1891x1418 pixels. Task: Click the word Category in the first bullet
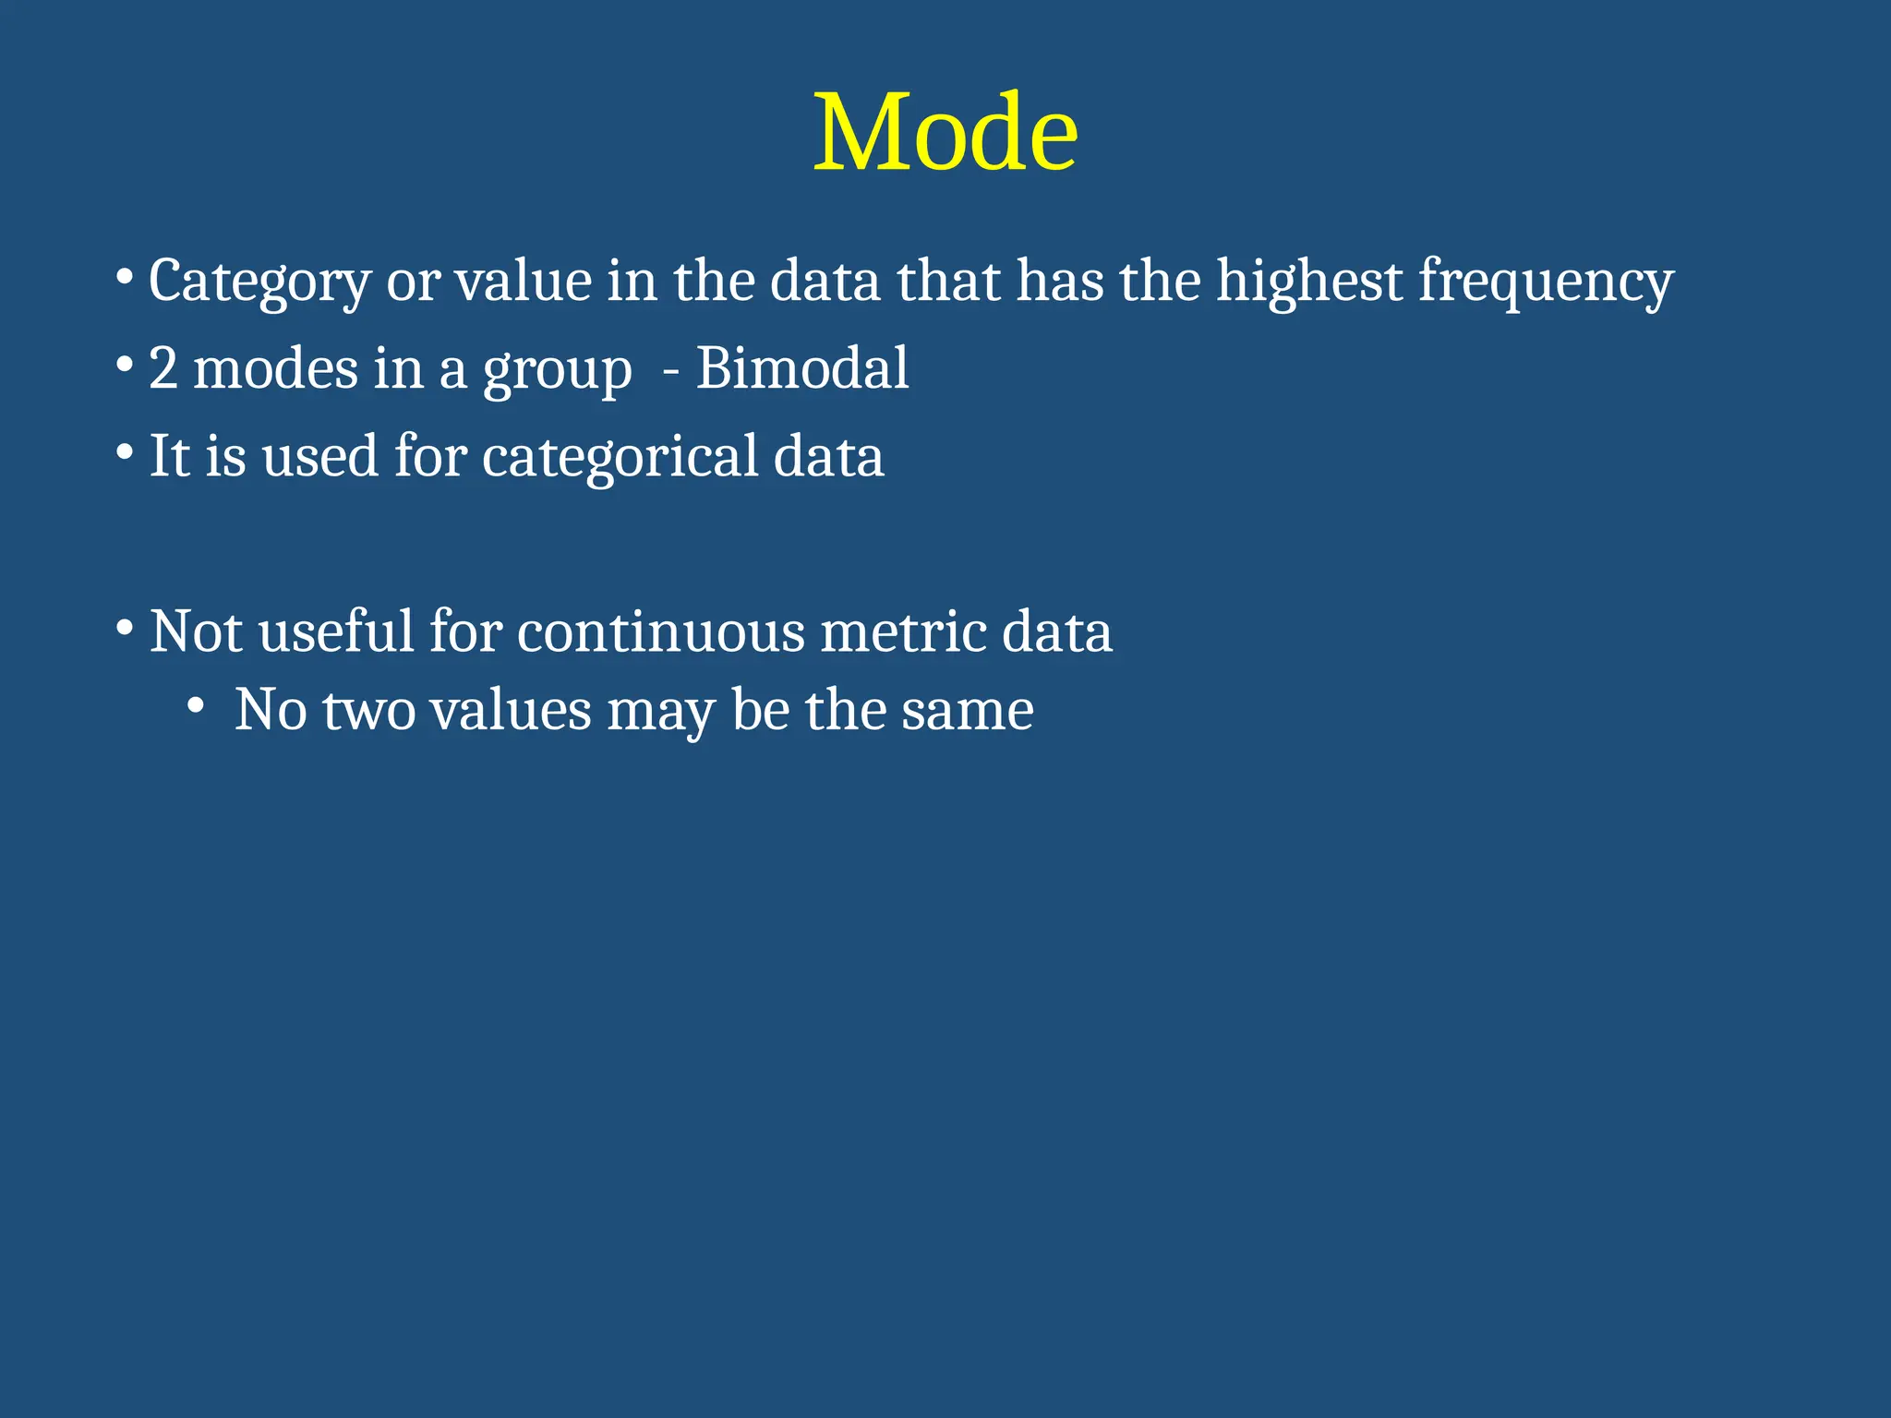[x=259, y=281]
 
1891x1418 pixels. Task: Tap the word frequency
[x=1545, y=281]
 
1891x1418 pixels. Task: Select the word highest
[x=1308, y=281]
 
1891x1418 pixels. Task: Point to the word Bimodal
[x=801, y=368]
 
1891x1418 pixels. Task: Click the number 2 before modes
[x=163, y=368]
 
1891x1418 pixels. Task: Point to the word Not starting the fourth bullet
[x=196, y=632]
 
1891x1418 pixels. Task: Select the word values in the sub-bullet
[x=511, y=711]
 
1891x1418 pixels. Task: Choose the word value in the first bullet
[x=523, y=281]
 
